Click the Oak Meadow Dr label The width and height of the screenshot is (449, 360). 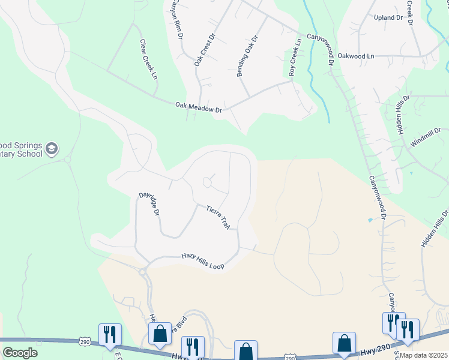tap(199, 107)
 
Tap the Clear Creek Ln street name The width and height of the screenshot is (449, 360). tap(148, 60)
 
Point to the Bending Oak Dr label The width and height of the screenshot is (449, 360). tap(247, 56)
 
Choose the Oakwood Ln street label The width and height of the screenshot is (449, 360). tap(355, 56)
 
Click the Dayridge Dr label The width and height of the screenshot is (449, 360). tap(149, 204)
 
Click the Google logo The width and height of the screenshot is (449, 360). tap(20, 352)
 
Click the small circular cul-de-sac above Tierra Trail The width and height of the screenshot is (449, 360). tap(208, 181)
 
